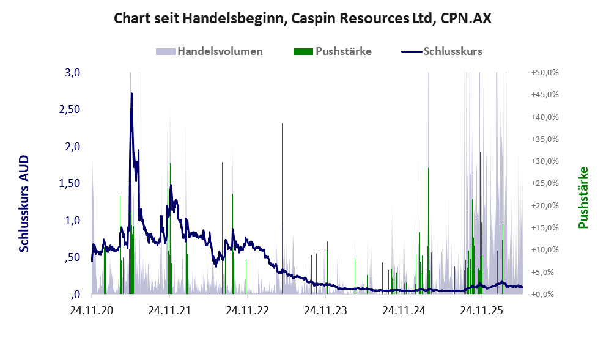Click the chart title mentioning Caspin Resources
(x=303, y=18)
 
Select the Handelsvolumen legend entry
(x=209, y=51)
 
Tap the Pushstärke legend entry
(x=333, y=51)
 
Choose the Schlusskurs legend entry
(x=442, y=51)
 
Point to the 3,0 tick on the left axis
(x=72, y=73)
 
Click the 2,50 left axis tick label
(x=70, y=109)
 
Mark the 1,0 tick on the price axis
(x=72, y=221)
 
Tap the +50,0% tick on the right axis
(x=545, y=73)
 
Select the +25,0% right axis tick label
(x=545, y=183)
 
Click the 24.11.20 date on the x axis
(x=92, y=310)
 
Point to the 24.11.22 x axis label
(x=247, y=310)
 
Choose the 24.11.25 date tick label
(x=481, y=310)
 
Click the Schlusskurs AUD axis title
(x=24, y=204)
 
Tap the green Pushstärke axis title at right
(x=583, y=197)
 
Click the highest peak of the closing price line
(x=132, y=94)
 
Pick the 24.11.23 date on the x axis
(x=326, y=310)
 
